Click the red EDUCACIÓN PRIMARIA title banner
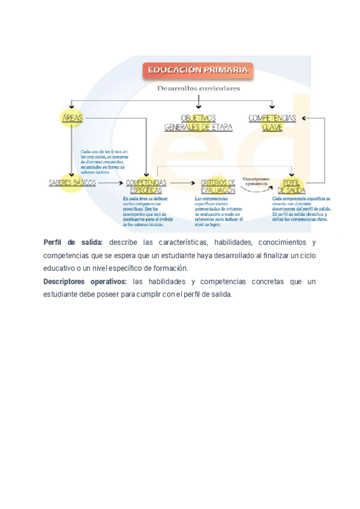[x=197, y=70]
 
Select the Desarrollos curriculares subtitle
[x=199, y=88]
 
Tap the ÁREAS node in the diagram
[x=73, y=118]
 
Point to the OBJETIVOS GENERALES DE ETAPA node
[x=198, y=122]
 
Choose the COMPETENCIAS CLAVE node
[x=272, y=122]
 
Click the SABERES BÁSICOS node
[x=72, y=182]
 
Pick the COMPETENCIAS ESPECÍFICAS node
[x=146, y=185]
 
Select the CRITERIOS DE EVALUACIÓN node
[x=218, y=185]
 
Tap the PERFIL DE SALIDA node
[x=292, y=185]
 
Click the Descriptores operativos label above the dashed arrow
[x=256, y=180]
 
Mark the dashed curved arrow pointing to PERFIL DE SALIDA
[x=257, y=190]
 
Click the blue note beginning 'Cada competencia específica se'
[x=301, y=208]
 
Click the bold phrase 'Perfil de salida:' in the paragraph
[x=73, y=242]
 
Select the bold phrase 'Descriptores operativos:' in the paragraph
[x=85, y=282]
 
